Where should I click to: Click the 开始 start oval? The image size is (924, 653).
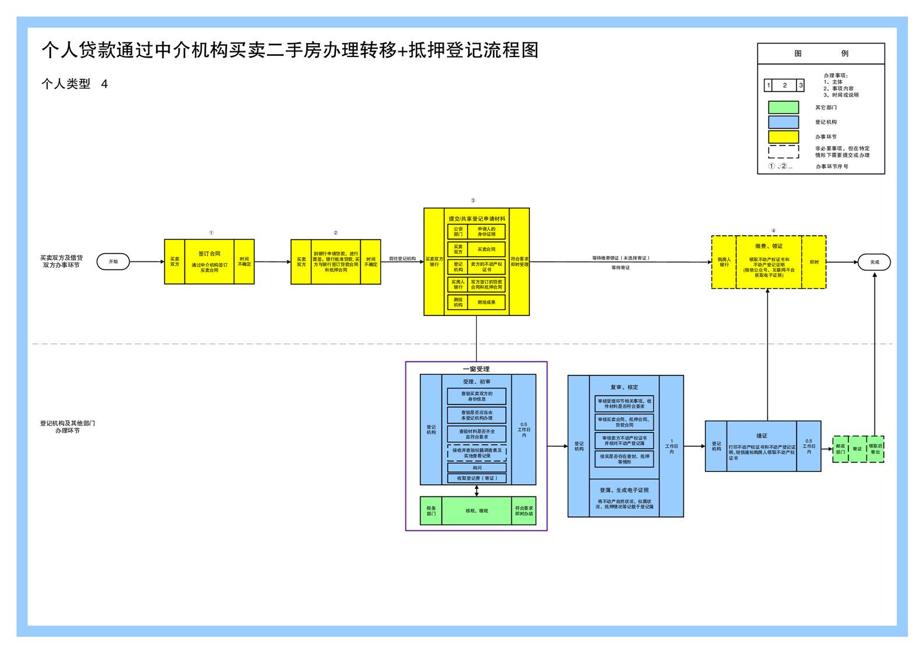(x=113, y=262)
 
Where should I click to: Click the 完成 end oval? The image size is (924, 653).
(x=874, y=262)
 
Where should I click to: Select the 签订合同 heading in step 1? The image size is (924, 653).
(x=209, y=254)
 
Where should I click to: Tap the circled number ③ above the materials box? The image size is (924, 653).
(x=473, y=200)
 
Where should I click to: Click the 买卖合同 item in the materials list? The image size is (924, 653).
(x=486, y=250)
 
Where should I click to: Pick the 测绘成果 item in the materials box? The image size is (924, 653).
(x=486, y=302)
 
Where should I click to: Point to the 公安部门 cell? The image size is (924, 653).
(x=458, y=232)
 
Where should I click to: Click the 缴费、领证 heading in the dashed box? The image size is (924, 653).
(x=769, y=246)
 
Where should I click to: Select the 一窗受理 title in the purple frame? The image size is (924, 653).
(x=476, y=369)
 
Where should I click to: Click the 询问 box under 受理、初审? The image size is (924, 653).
(x=477, y=467)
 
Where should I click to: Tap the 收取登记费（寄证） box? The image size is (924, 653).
(x=477, y=478)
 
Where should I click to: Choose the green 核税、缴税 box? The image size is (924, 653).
(x=476, y=511)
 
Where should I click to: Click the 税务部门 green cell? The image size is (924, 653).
(x=431, y=511)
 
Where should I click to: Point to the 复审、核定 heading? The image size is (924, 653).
(x=624, y=387)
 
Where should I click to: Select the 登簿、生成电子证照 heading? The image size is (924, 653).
(x=624, y=490)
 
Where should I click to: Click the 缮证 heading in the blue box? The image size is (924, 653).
(x=762, y=436)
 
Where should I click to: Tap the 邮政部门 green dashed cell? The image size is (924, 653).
(x=840, y=449)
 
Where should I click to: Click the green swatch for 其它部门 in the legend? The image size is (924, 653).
(x=783, y=108)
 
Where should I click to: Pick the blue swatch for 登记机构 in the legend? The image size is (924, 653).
(x=783, y=122)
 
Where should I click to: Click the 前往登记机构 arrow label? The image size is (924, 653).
(x=402, y=258)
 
